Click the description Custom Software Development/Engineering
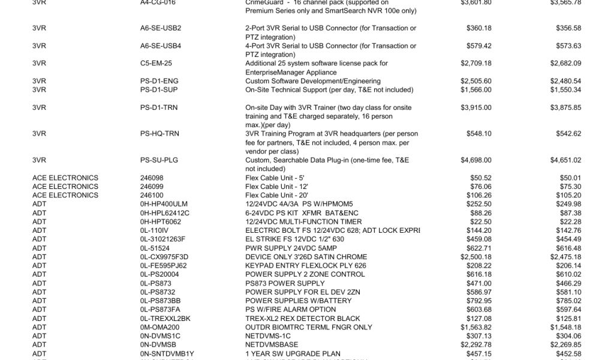(x=312, y=81)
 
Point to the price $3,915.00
(x=475, y=107)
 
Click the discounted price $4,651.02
(x=565, y=160)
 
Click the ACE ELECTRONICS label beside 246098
(x=65, y=178)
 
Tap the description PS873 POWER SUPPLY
(x=285, y=283)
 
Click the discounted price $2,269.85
(x=565, y=345)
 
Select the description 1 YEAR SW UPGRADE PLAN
(x=293, y=354)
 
